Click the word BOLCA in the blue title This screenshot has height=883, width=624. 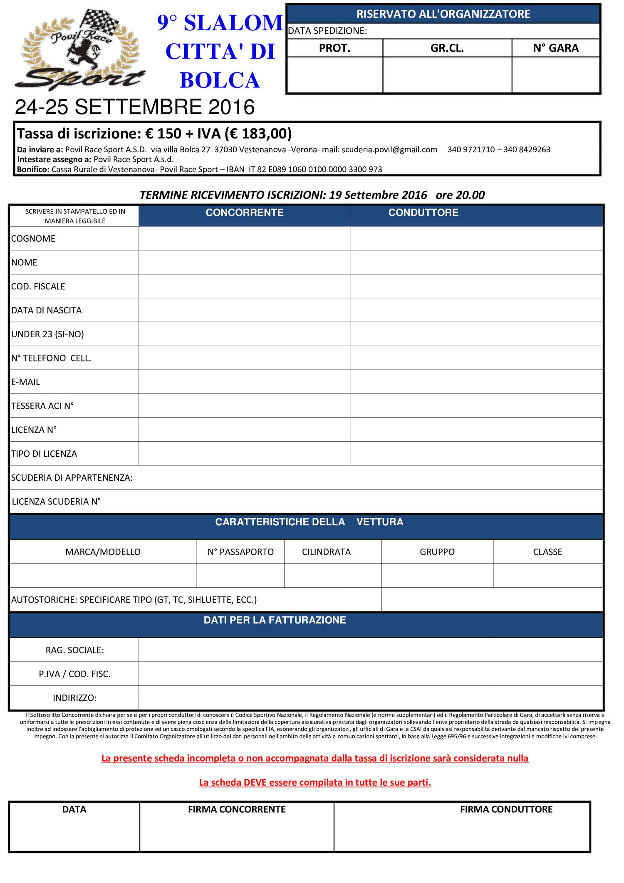220,80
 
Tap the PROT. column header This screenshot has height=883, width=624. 334,48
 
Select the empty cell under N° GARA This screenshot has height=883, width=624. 556,75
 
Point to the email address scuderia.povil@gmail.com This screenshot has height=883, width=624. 389,149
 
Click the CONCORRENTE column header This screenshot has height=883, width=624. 245,213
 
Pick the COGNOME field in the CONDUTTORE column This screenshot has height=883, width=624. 477,238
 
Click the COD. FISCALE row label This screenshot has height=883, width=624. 38,286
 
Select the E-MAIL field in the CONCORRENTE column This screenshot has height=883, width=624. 245,382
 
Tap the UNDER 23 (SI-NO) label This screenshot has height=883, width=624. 47,334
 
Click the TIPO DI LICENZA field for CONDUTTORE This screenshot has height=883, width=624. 477,453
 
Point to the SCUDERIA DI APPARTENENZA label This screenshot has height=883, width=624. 72,477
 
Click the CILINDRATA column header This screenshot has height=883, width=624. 327,552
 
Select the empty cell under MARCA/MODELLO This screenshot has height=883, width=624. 103,576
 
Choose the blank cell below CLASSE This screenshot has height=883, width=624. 548,576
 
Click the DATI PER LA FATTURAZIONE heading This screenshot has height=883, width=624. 275,620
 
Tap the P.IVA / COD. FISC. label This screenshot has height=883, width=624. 75,674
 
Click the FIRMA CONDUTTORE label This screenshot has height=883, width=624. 506,809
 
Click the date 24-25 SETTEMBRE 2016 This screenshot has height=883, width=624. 135,107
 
